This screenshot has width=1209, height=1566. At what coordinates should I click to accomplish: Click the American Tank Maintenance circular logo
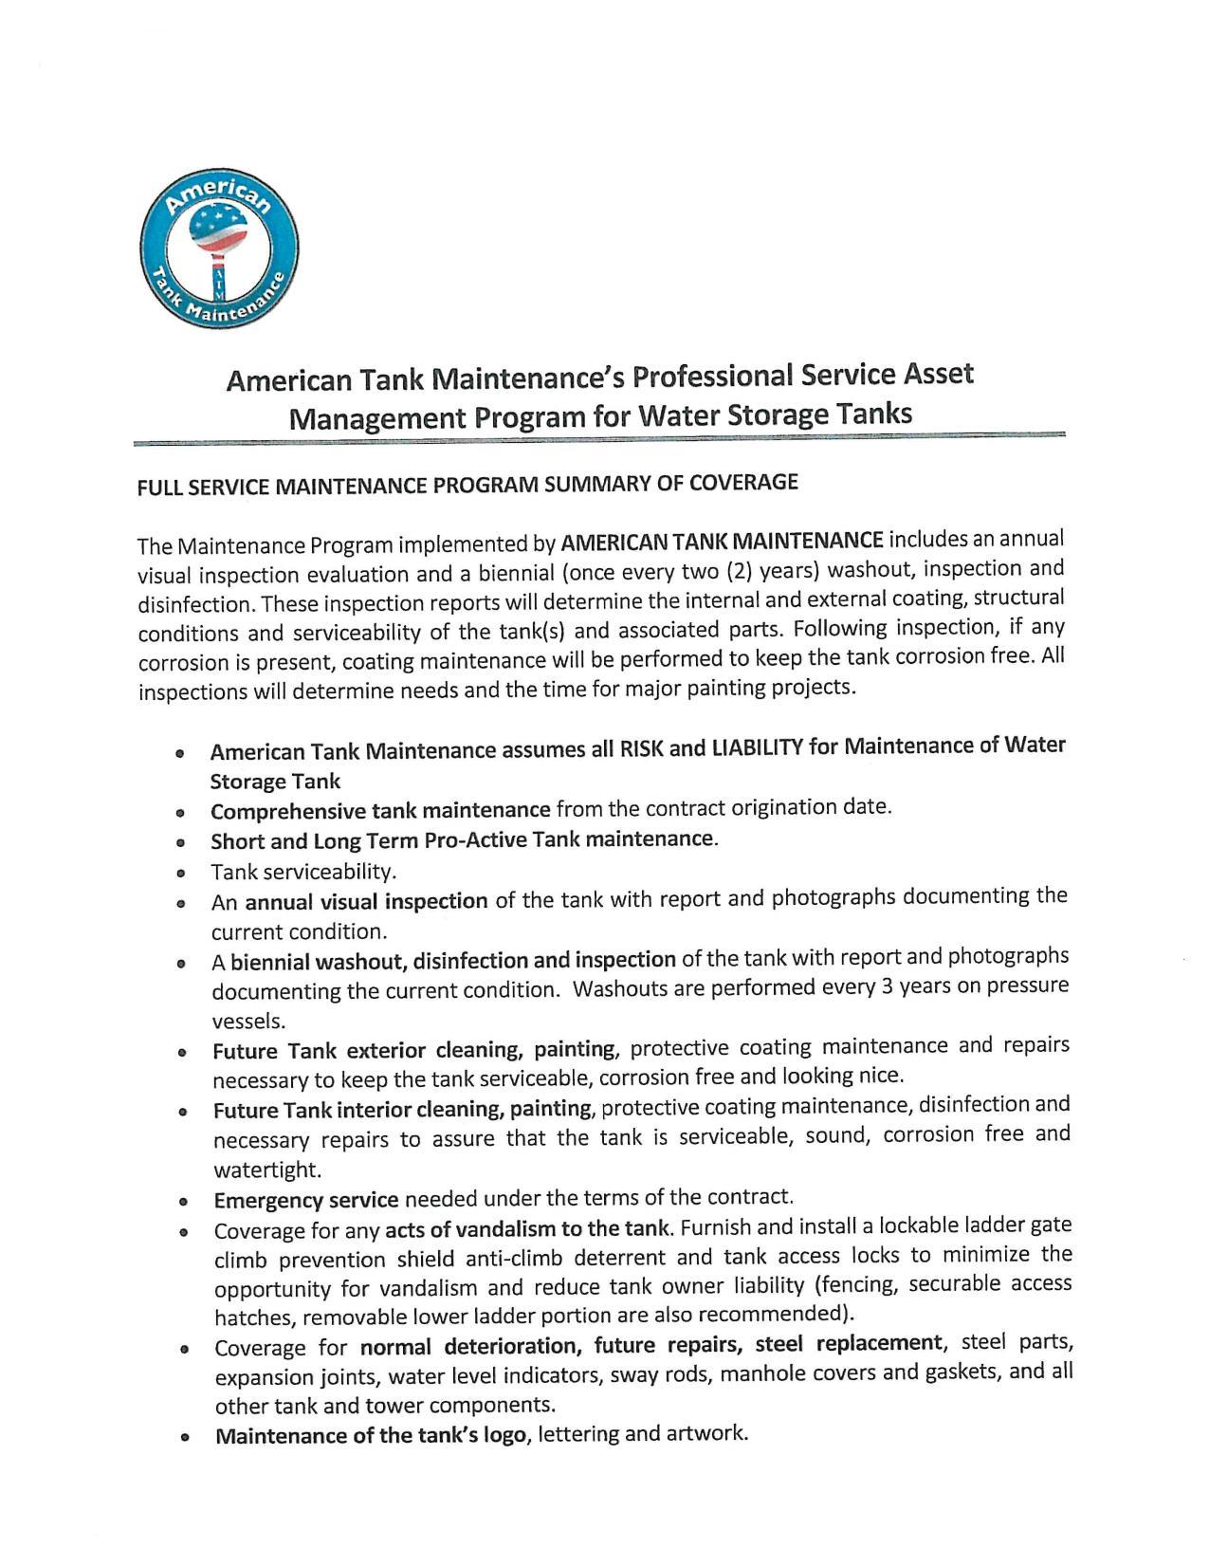pyautogui.click(x=219, y=249)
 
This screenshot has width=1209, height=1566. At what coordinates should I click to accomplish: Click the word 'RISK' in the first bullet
pyautogui.click(x=641, y=748)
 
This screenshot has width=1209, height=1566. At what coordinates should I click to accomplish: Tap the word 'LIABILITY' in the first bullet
pyautogui.click(x=757, y=747)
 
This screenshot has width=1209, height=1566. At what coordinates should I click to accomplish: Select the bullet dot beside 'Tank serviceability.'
pyautogui.click(x=180, y=873)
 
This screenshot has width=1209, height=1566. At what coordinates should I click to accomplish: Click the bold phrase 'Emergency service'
pyautogui.click(x=305, y=1200)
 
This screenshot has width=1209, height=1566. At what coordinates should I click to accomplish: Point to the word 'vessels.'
pyautogui.click(x=247, y=1021)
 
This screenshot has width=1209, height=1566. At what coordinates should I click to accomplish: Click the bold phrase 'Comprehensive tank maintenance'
pyautogui.click(x=380, y=811)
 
